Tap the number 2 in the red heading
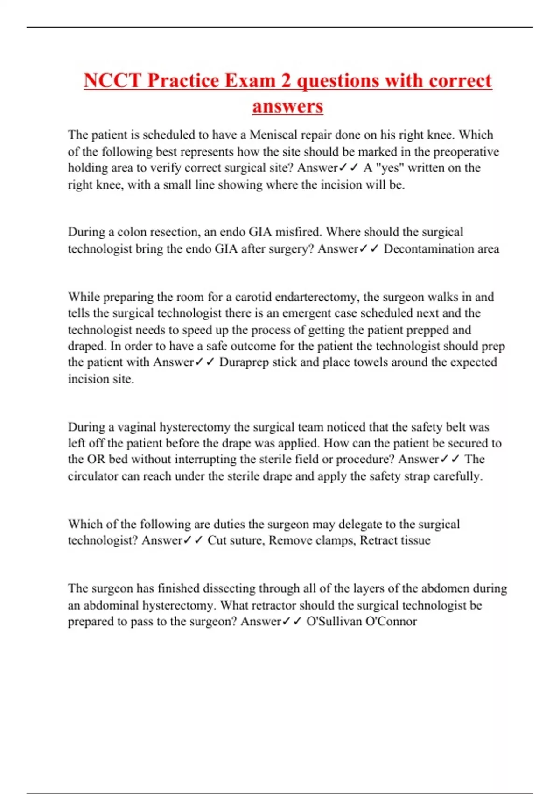[x=286, y=80]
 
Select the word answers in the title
[x=287, y=106]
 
